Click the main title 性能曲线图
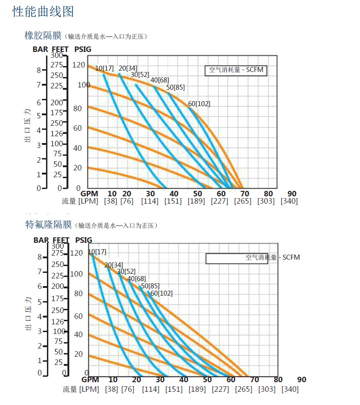point(43,11)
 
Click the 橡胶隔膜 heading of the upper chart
point(43,36)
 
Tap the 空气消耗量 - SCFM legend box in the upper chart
point(236,70)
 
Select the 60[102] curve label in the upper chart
point(199,104)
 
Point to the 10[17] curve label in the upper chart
point(104,68)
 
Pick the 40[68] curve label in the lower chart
point(136,279)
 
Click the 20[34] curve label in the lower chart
point(113,265)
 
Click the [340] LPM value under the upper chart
point(289,201)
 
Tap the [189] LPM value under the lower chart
point(196,389)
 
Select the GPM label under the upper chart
point(92,194)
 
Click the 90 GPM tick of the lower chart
point(302,379)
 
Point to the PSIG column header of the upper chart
point(83,49)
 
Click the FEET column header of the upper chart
point(61,49)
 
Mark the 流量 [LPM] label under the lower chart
point(80,389)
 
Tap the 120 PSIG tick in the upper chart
point(79,65)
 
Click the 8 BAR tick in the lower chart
point(40,257)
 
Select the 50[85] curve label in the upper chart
point(175,87)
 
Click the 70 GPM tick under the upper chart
point(245,194)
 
